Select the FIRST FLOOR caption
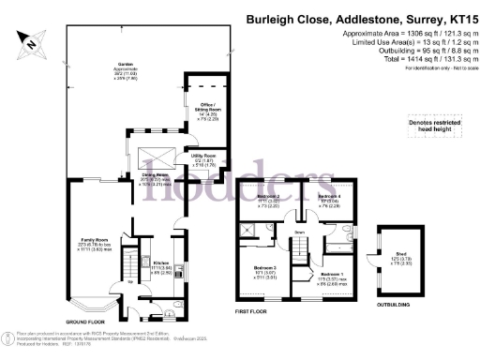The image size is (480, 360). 252,308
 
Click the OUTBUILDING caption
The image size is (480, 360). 397,303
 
